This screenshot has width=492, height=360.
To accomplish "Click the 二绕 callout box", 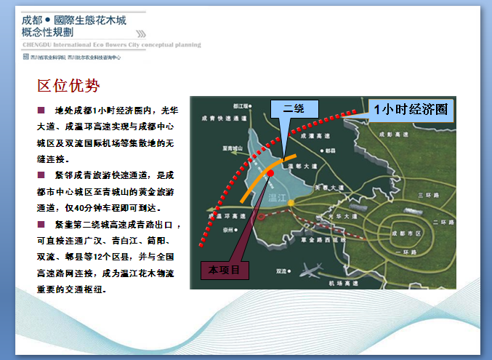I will click(294, 108).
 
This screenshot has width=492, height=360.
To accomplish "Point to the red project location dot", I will click(270, 174).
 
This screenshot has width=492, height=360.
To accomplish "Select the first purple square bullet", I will click(41, 111).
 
